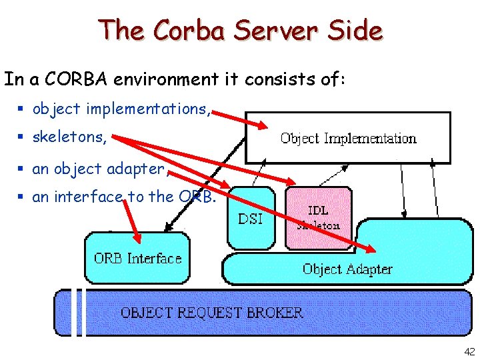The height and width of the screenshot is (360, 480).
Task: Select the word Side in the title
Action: (x=359, y=31)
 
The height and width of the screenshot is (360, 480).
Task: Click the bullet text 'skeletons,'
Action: (x=69, y=137)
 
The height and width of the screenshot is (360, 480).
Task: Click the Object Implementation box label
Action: (x=348, y=139)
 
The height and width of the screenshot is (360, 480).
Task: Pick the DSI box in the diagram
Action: (x=251, y=218)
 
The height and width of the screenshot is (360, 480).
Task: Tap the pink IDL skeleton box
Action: (x=319, y=218)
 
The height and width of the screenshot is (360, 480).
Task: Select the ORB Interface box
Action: (x=137, y=258)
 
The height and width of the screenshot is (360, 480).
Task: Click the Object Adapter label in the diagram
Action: (x=347, y=269)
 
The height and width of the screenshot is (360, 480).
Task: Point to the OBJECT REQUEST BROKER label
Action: (x=211, y=312)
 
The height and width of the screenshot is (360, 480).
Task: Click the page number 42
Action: (x=469, y=351)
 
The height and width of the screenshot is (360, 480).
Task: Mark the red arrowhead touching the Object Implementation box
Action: (x=262, y=125)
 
